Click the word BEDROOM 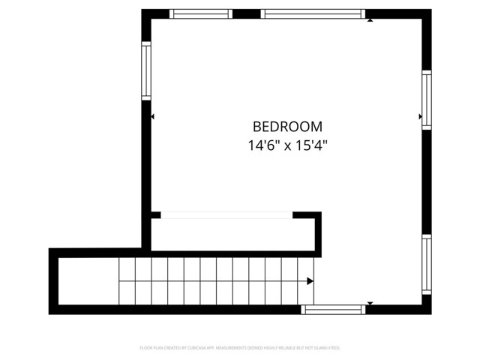[287, 127]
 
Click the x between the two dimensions [287, 146]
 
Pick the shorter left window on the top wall [200, 13]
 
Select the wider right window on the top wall [313, 13]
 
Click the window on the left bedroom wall [146, 70]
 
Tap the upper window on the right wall [426, 100]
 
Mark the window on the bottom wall [333, 308]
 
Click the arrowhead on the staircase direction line [310, 281]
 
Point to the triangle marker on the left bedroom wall [153, 117]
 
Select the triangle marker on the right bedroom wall [420, 117]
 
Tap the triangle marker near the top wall [370, 20]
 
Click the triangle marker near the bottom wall [369, 303]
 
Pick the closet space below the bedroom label [232, 235]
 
